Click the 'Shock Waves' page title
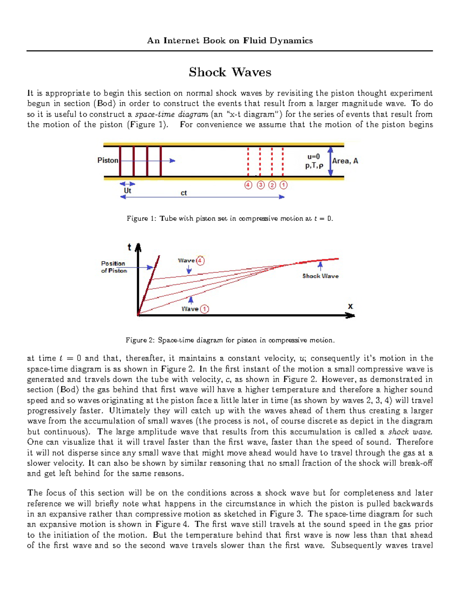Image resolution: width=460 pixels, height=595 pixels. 230,72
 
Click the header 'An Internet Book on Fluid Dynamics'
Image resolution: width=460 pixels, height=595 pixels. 230,41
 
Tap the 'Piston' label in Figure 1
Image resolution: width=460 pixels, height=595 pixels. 108,160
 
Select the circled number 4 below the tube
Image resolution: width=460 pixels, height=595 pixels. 248,185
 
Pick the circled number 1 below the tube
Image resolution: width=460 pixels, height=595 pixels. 283,185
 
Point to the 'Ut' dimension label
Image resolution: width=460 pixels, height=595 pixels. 127,190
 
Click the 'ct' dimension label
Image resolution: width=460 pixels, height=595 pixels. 184,193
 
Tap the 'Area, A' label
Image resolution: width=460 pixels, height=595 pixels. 345,161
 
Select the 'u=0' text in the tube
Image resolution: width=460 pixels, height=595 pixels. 313,156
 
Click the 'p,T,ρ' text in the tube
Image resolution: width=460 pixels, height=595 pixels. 314,166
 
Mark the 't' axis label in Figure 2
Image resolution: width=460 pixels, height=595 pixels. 130,248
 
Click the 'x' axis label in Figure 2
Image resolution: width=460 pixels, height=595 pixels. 350,306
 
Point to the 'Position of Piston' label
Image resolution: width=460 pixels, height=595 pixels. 114,267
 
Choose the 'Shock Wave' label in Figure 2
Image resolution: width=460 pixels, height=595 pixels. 320,276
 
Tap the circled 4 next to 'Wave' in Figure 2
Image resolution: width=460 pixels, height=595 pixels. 200,261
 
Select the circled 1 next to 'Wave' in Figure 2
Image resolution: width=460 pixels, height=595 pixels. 205,309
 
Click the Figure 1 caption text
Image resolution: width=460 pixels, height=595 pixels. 230,218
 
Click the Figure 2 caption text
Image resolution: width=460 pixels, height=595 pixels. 230,340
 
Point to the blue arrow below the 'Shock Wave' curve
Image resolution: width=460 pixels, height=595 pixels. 320,266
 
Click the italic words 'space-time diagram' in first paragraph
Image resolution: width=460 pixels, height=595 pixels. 172,114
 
